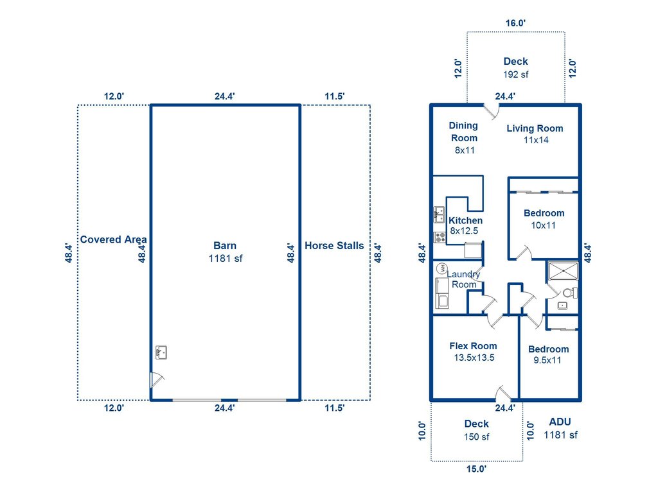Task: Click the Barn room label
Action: (x=225, y=245)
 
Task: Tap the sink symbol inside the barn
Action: (x=161, y=352)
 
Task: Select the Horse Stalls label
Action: (x=334, y=245)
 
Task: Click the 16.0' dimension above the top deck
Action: (x=515, y=23)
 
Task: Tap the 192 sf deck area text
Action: (x=515, y=74)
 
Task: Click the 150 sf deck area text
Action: (x=476, y=437)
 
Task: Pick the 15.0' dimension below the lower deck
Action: (x=476, y=469)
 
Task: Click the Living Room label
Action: (x=535, y=128)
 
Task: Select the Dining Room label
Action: (x=463, y=132)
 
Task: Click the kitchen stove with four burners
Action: (x=441, y=237)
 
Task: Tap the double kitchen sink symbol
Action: (x=440, y=214)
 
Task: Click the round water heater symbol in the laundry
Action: (x=441, y=268)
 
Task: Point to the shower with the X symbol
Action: (x=562, y=272)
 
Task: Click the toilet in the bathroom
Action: (x=568, y=293)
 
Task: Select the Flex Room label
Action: (x=473, y=346)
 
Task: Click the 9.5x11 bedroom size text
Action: (x=547, y=360)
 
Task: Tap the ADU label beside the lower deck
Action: (x=560, y=422)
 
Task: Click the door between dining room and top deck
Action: (x=492, y=111)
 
